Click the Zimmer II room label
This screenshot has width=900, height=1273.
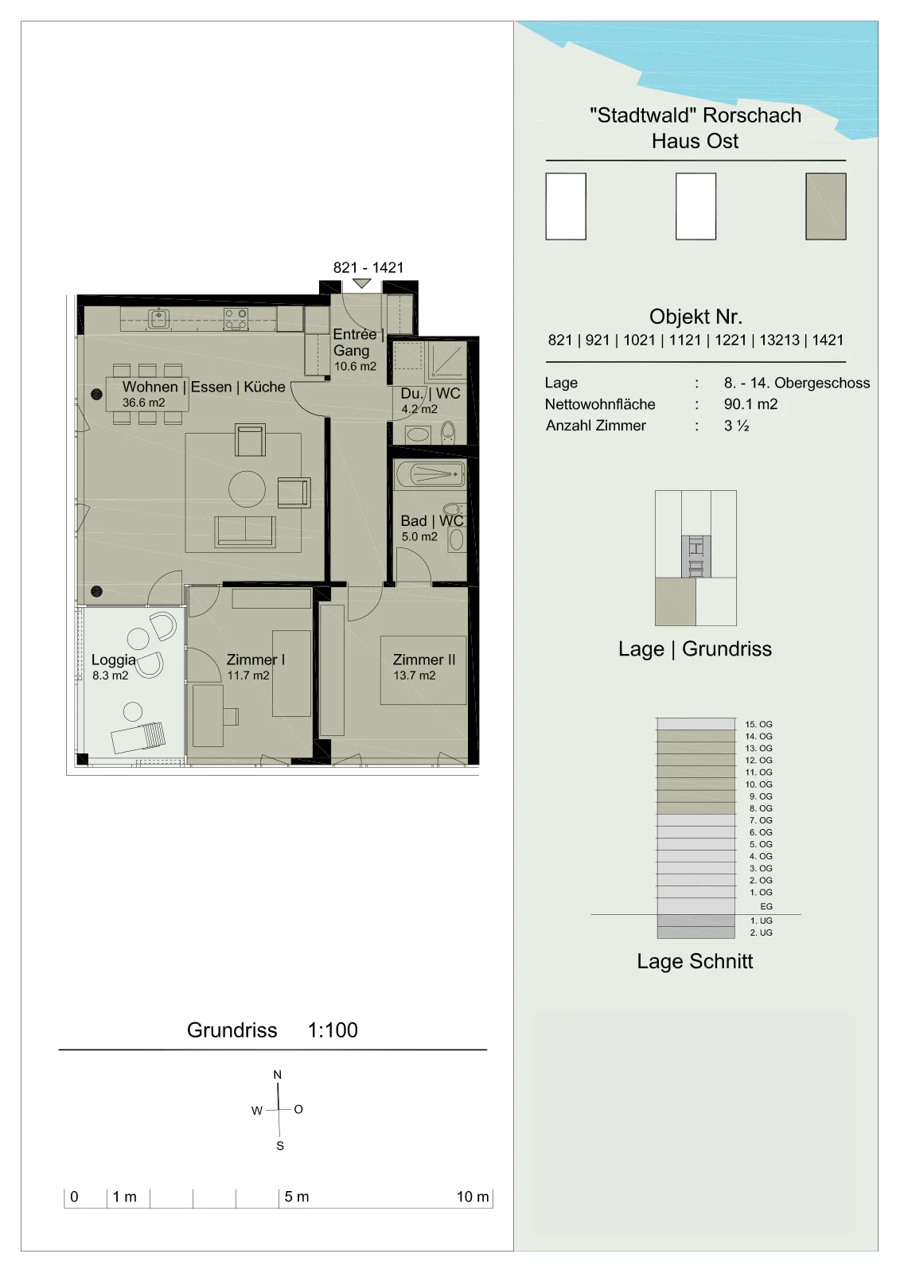(423, 660)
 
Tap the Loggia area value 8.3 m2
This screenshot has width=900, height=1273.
(111, 675)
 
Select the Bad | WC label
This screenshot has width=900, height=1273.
(431, 520)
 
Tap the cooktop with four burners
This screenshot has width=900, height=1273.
(236, 319)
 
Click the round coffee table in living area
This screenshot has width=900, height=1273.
(247, 489)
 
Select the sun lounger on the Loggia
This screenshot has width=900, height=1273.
(138, 737)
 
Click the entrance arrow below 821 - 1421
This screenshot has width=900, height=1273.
(361, 283)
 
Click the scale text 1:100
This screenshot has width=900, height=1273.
(333, 1030)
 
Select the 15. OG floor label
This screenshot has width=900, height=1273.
(758, 725)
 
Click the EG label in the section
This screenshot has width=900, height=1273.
(766, 906)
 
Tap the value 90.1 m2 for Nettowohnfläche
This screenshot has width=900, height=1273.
(750, 404)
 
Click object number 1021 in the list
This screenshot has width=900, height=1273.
(639, 340)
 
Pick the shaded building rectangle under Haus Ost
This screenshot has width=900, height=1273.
(825, 206)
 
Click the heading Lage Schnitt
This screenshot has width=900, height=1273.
(695, 961)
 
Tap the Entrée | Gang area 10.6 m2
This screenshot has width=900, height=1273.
(355, 367)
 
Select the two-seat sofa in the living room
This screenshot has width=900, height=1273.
(245, 532)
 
